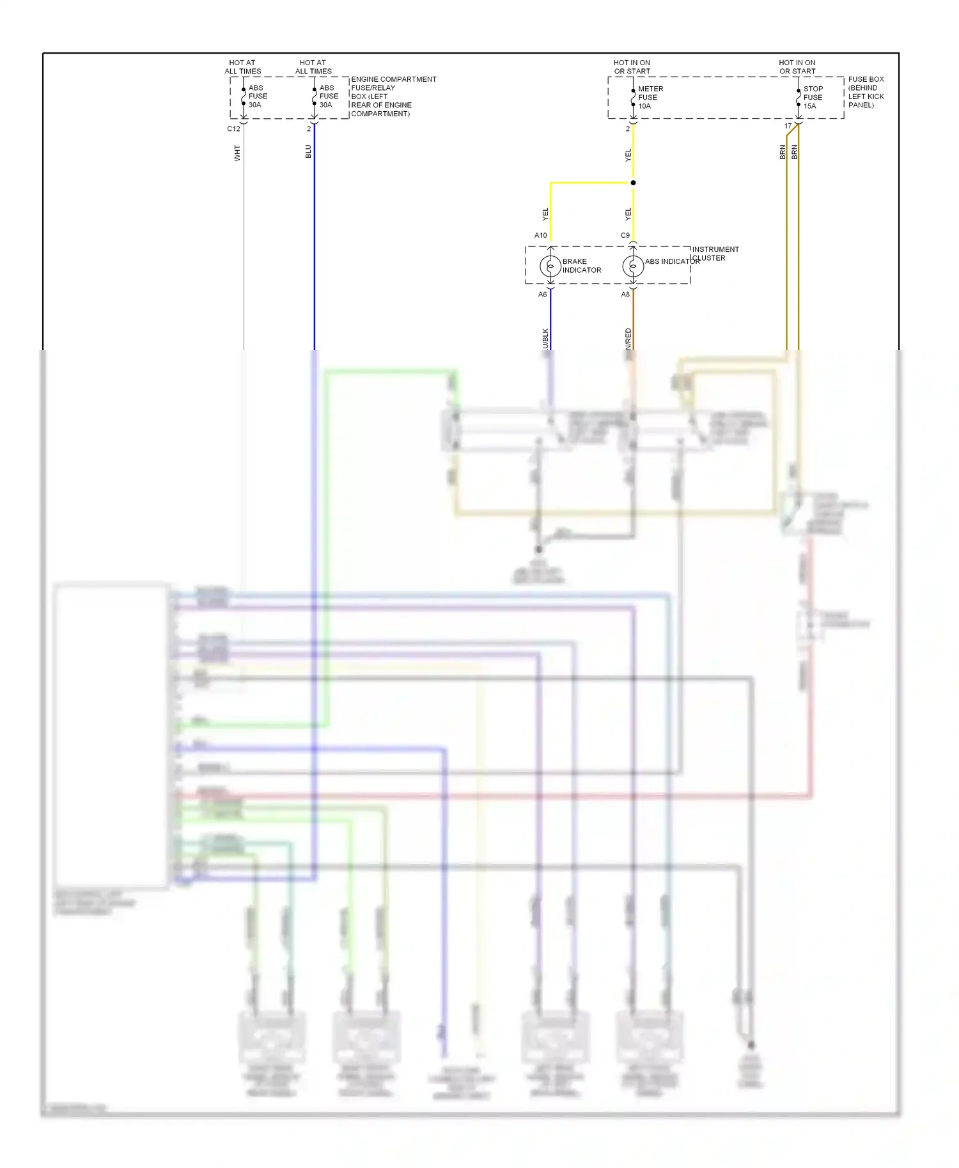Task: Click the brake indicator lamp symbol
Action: tap(550, 266)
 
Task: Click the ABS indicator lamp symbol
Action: tap(633, 266)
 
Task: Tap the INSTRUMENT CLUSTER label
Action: tap(715, 254)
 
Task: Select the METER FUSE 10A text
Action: tap(650, 98)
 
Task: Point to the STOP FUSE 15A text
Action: tap(813, 98)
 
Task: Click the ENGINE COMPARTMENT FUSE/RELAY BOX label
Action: tap(393, 96)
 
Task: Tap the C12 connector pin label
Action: tap(233, 129)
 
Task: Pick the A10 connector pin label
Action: tap(540, 236)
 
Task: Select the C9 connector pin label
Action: tap(625, 236)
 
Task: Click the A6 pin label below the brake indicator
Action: tap(542, 295)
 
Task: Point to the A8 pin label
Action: tap(625, 295)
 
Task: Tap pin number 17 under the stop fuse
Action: tap(788, 127)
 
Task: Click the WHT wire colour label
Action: tap(237, 153)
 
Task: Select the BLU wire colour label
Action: tap(308, 151)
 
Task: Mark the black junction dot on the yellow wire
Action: tap(633, 183)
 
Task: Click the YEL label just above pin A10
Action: tap(545, 214)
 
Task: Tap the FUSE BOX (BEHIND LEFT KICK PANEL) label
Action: tap(866, 92)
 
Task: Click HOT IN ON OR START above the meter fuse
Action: tap(632, 67)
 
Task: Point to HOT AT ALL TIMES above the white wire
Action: tap(242, 67)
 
